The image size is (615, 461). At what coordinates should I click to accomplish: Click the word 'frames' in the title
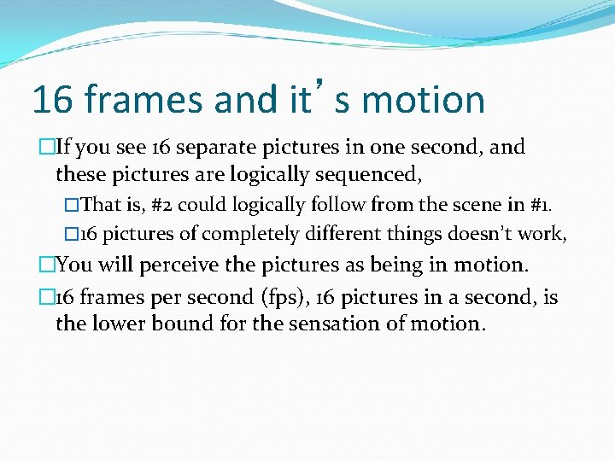144,100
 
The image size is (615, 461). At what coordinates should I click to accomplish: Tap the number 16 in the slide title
53,100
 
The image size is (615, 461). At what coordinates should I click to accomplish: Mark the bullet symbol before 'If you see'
47,147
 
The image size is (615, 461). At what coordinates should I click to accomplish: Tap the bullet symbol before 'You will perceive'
47,265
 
